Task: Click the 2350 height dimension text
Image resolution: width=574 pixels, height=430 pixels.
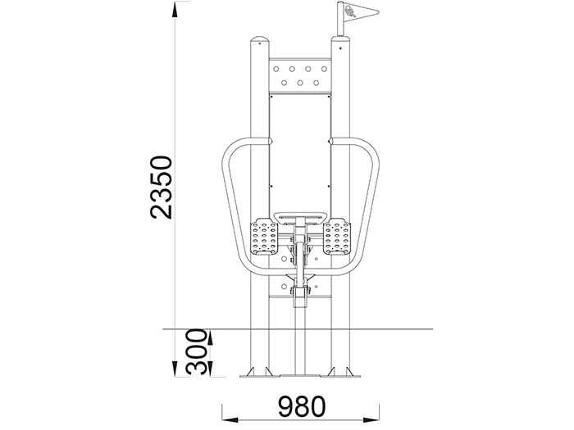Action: tap(161, 188)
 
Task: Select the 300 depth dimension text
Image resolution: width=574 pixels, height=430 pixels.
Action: tap(196, 351)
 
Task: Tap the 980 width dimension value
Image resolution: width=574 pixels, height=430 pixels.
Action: tap(302, 406)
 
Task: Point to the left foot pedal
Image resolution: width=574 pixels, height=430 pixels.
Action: tap(263, 236)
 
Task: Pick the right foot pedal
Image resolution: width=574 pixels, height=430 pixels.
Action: tap(337, 236)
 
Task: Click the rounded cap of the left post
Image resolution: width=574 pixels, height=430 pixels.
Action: tap(260, 39)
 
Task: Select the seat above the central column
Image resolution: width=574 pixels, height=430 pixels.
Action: tap(301, 217)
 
